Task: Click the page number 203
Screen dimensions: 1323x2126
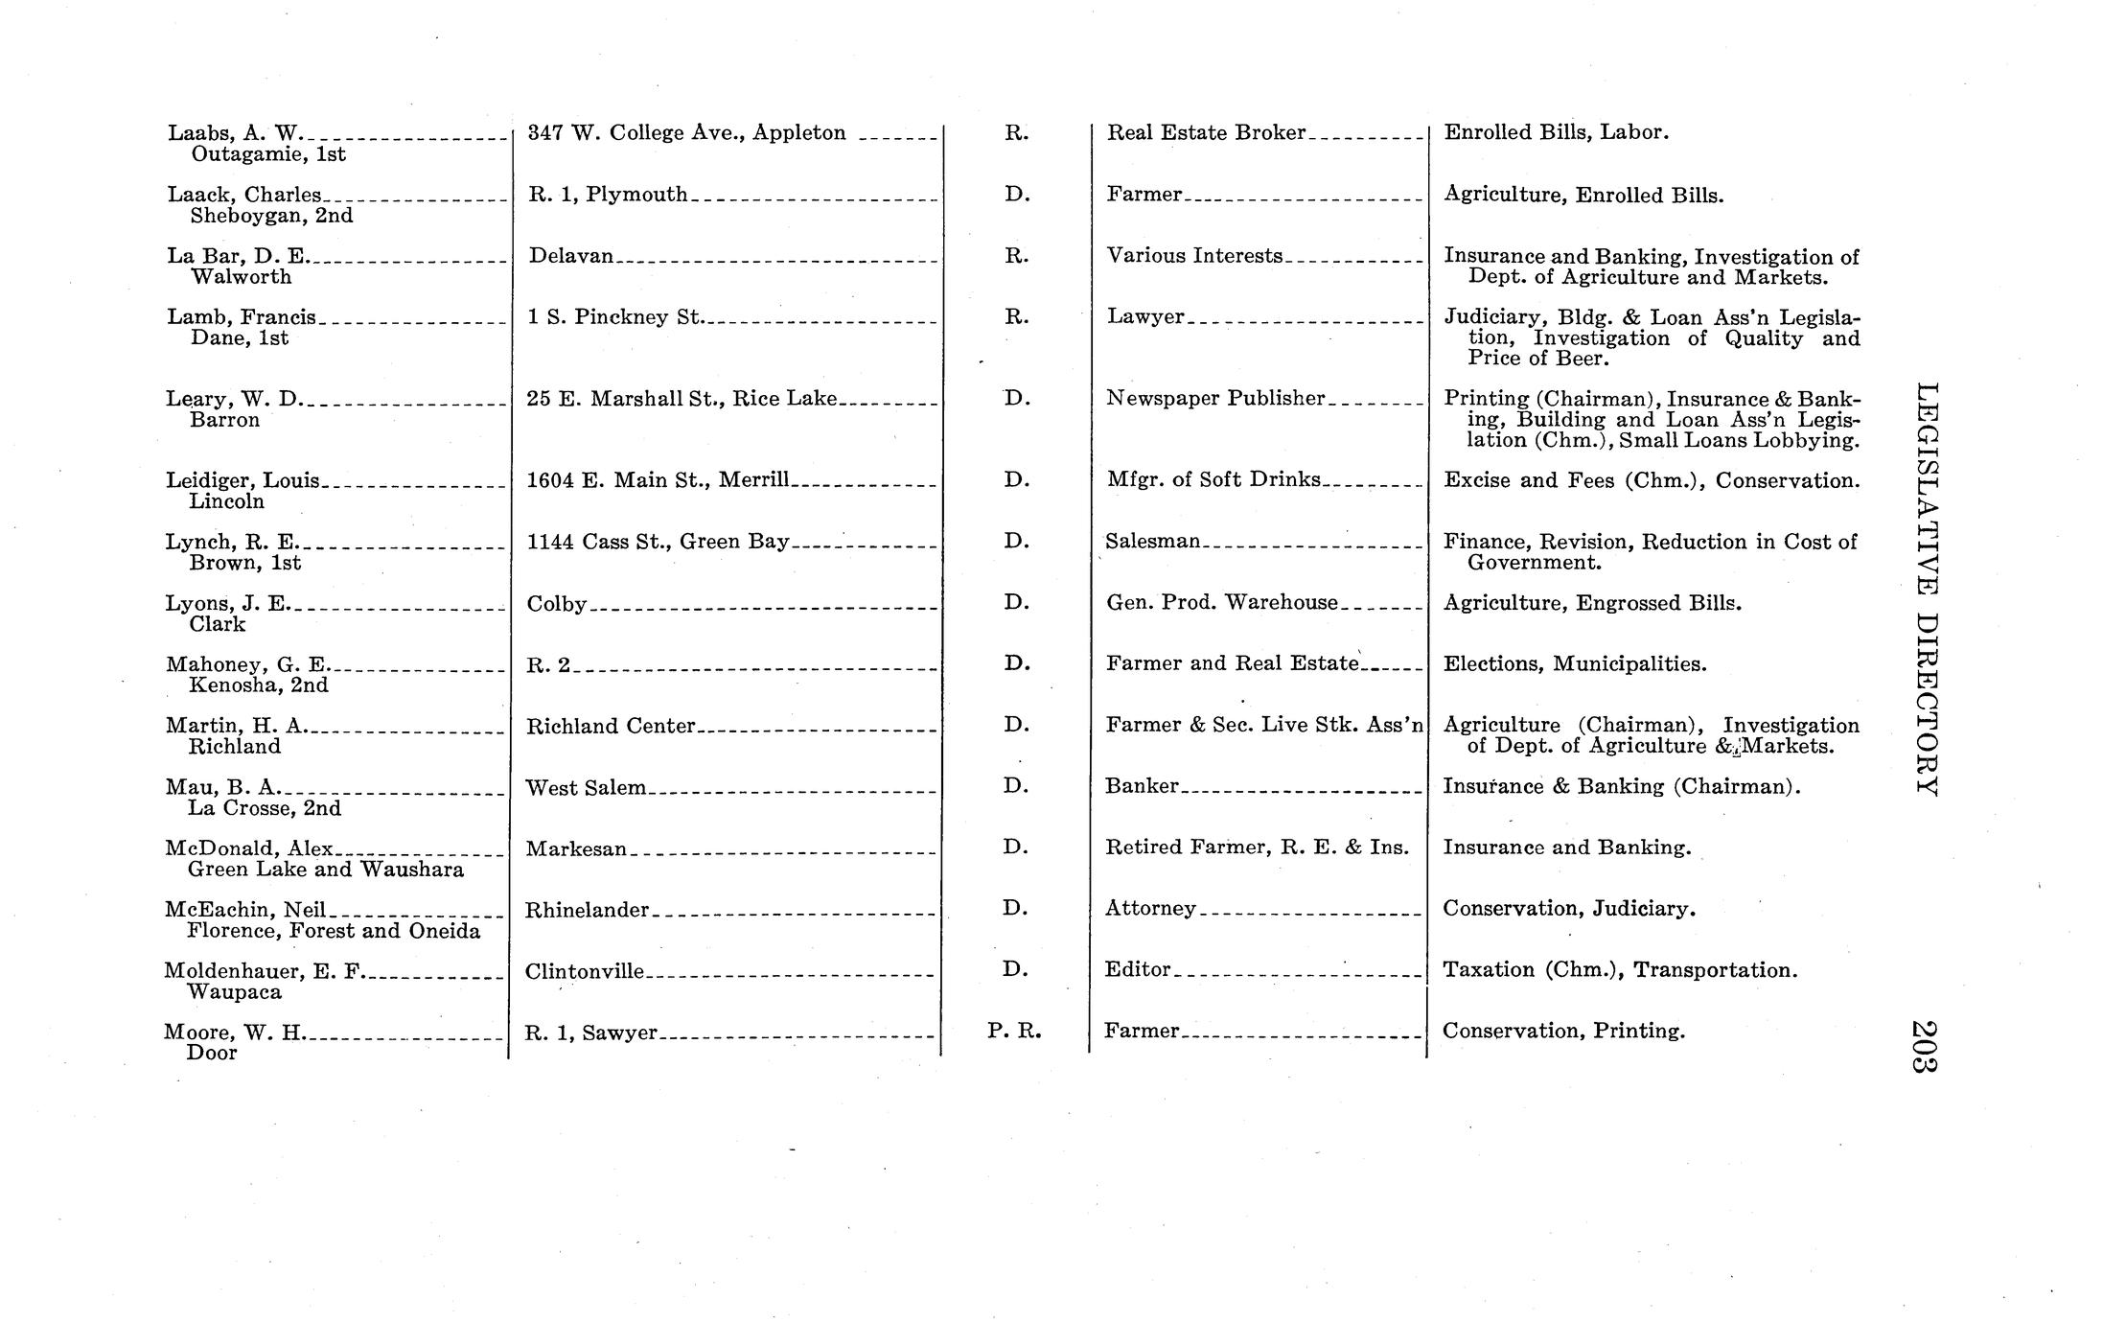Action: click(1925, 1046)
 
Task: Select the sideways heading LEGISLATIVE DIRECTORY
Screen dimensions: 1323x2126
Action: click(1925, 589)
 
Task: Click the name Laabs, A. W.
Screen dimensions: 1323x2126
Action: click(235, 133)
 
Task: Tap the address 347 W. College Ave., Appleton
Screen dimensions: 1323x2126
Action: click(687, 133)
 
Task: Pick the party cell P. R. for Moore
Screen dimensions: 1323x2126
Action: click(1014, 1032)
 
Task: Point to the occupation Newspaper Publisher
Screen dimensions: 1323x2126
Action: click(1214, 399)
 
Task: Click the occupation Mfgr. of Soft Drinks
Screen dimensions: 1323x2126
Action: click(1213, 479)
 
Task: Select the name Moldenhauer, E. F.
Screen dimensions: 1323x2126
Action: click(265, 971)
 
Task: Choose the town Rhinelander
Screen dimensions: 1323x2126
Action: click(587, 910)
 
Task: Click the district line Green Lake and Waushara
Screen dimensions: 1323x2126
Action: click(326, 870)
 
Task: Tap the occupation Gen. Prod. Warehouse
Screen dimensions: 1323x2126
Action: click(1221, 603)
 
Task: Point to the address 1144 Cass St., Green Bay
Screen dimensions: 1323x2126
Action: click(658, 542)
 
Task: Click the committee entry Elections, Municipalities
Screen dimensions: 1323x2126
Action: click(1575, 663)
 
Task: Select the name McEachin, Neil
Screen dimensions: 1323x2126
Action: click(245, 910)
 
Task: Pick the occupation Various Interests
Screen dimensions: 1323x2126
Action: click(1194, 256)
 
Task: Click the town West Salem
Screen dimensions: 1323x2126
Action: click(586, 788)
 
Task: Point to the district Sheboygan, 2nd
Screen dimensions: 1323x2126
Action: click(271, 216)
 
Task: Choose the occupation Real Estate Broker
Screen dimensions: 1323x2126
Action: click(1206, 133)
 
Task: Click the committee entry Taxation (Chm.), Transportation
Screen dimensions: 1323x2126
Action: click(1620, 970)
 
